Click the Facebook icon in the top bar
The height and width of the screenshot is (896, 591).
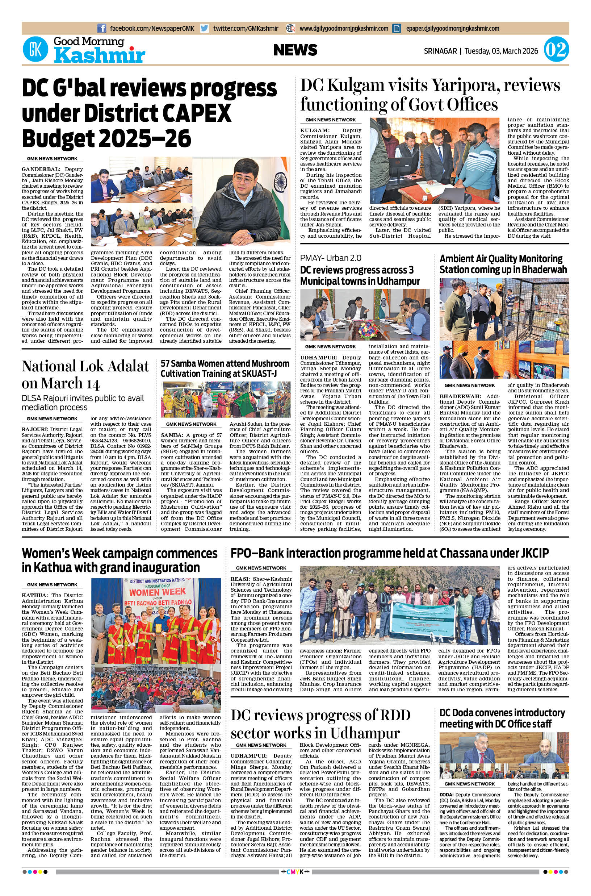coord(101,28)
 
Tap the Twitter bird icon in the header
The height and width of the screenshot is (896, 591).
coord(204,28)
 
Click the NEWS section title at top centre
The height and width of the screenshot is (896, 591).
coord(295,50)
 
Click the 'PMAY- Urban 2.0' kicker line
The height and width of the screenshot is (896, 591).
coord(331,258)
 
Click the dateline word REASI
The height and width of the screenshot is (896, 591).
coord(240,579)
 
